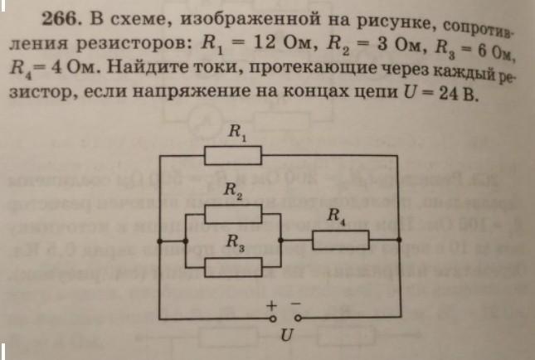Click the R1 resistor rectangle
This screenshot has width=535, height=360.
tap(233, 156)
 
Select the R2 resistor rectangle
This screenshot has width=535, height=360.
tap(233, 214)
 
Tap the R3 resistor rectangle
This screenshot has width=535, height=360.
tap(233, 267)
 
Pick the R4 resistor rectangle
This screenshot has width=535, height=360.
tap(341, 240)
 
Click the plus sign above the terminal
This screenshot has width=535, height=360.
tap(271, 305)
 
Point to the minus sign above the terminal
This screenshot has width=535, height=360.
tap(295, 303)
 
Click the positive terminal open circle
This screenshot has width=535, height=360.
tap(273, 319)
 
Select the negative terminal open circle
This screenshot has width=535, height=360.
tap(298, 319)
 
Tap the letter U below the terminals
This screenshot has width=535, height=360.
tap(287, 335)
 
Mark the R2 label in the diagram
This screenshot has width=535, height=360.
tap(233, 191)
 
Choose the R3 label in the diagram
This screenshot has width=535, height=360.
tap(236, 242)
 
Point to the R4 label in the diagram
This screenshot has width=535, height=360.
tap(337, 216)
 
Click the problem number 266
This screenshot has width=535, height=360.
tap(59, 19)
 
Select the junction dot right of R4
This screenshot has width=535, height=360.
tap(399, 240)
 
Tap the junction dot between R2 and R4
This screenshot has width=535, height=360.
tap(280, 241)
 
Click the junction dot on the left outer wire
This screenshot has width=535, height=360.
tap(159, 241)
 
